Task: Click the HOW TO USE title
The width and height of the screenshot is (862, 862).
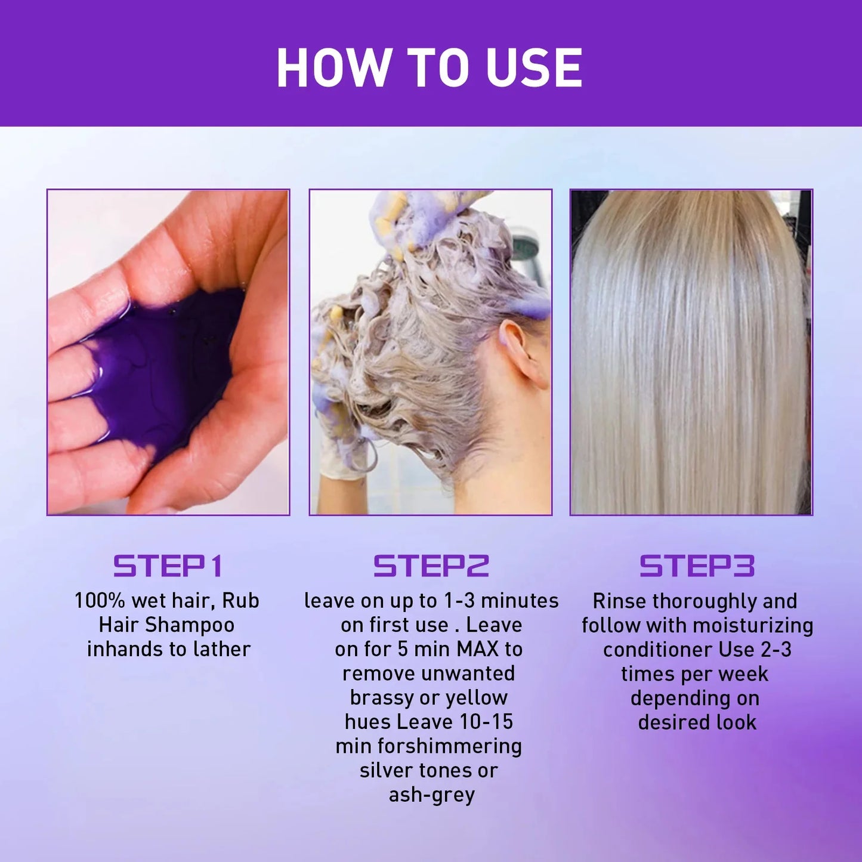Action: tap(430, 67)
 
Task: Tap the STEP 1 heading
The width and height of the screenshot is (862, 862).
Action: tap(168, 566)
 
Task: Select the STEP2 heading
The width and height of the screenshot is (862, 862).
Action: tap(431, 566)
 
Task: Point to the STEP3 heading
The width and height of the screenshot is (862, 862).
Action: tap(697, 566)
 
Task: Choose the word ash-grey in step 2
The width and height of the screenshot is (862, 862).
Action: tap(431, 795)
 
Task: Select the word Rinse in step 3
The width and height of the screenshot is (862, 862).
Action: tap(620, 601)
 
